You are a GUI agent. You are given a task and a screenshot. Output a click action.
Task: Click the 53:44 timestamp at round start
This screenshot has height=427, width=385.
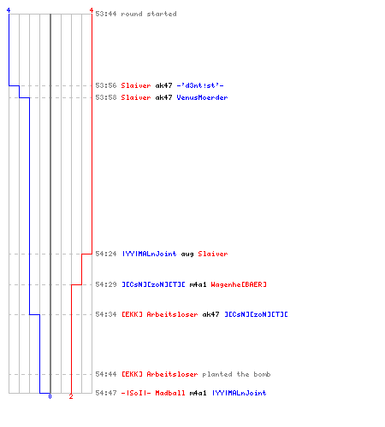[106, 14]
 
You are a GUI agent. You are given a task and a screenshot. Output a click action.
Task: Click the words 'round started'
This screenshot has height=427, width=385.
[149, 14]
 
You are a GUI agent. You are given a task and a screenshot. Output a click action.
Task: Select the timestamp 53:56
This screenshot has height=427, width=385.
[106, 85]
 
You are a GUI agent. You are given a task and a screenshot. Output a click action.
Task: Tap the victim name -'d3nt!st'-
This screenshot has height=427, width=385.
[200, 85]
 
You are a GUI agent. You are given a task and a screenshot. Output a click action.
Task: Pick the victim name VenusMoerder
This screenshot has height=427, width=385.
[202, 97]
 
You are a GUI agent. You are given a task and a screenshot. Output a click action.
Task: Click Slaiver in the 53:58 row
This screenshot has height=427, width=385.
[136, 97]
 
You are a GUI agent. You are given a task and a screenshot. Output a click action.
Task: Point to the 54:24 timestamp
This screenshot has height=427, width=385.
[106, 254]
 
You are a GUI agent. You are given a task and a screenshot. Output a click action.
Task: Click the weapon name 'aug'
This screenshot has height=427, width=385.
[187, 254]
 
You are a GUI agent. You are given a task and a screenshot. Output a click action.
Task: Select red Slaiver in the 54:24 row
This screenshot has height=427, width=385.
[213, 254]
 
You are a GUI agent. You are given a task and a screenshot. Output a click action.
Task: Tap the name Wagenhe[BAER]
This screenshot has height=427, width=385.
[239, 284]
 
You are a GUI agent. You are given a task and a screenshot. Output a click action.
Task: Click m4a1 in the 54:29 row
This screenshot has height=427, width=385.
[198, 284]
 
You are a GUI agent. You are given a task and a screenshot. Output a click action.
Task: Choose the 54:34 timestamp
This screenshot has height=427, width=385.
[106, 314]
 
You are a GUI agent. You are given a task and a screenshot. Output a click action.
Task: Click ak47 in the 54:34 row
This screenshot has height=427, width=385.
[210, 314]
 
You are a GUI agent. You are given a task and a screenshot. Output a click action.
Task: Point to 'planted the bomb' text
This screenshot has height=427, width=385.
[236, 374]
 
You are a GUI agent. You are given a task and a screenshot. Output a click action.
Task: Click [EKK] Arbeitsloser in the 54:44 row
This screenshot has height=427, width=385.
[159, 374]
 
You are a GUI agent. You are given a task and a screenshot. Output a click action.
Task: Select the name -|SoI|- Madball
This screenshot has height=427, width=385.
[153, 393]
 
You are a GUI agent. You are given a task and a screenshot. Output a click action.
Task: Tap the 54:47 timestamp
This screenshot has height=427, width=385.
[106, 393]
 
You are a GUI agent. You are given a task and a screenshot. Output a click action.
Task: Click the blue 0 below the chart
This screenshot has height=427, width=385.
[50, 396]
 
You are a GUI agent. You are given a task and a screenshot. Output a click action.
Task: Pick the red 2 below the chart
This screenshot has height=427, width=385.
[71, 396]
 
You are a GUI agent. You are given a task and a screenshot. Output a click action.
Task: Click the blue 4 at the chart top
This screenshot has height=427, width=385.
[9, 10]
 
